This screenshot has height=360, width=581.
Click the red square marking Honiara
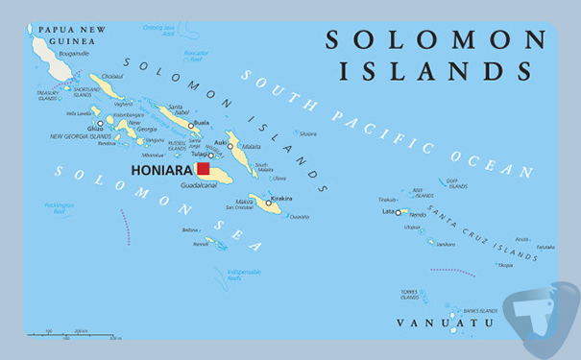pyautogui.click(x=203, y=170)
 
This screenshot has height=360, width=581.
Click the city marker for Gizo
pyautogui.click(x=100, y=123)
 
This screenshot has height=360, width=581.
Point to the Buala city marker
pyautogui.click(x=191, y=125)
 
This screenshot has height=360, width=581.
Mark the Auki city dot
pyautogui.click(x=230, y=146)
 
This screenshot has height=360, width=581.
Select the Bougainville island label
pyautogui.click(x=73, y=54)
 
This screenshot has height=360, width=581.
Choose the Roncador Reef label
pyautogui.click(x=196, y=54)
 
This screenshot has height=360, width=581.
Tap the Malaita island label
pyautogui.click(x=252, y=147)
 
